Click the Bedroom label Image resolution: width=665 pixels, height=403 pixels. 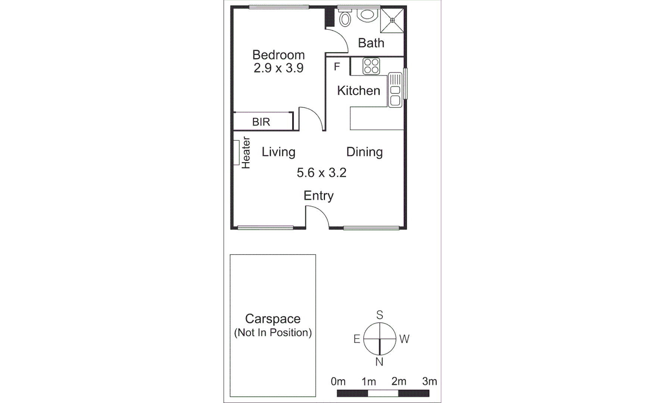click(x=278, y=55)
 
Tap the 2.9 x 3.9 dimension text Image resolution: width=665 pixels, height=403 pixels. click(x=278, y=68)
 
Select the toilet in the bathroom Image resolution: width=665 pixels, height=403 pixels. click(x=345, y=18)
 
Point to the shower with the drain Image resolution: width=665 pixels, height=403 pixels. click(x=392, y=20)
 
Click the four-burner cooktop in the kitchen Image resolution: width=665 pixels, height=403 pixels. click(x=371, y=66)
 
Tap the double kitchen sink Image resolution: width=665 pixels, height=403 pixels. click(x=395, y=90)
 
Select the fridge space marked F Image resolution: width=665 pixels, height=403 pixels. click(x=337, y=67)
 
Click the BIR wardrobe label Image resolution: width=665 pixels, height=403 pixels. click(x=261, y=122)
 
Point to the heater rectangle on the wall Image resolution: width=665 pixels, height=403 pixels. click(x=236, y=152)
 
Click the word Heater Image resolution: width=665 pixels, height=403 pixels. click(x=246, y=153)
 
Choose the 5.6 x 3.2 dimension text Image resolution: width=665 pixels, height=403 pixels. click(x=321, y=173)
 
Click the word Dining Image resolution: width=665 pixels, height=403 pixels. click(x=364, y=152)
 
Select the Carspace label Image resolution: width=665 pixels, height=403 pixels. click(x=273, y=319)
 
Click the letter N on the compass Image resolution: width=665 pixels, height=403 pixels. click(x=379, y=362)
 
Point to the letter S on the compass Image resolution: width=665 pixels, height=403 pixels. click(x=380, y=315)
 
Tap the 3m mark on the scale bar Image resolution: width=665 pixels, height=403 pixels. click(x=429, y=382)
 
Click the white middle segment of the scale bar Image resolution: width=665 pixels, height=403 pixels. click(x=383, y=393)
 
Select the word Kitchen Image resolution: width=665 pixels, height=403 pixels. click(x=358, y=91)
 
